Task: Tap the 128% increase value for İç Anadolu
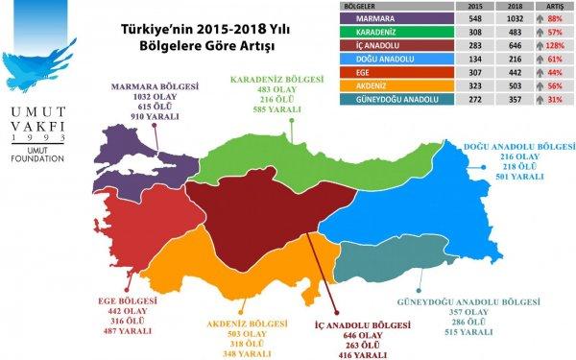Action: pyautogui.click(x=554, y=44)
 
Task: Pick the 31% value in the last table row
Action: pyautogui.click(x=554, y=97)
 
